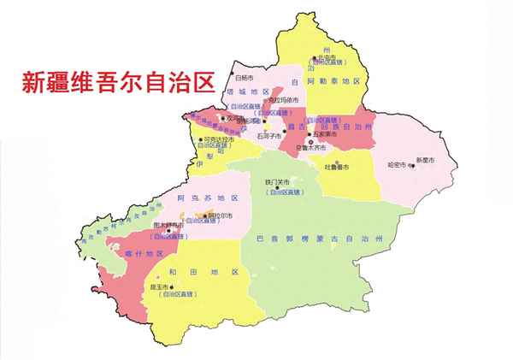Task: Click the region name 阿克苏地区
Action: (x=199, y=198)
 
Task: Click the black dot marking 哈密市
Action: (x=413, y=166)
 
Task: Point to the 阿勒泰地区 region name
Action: (x=340, y=81)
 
